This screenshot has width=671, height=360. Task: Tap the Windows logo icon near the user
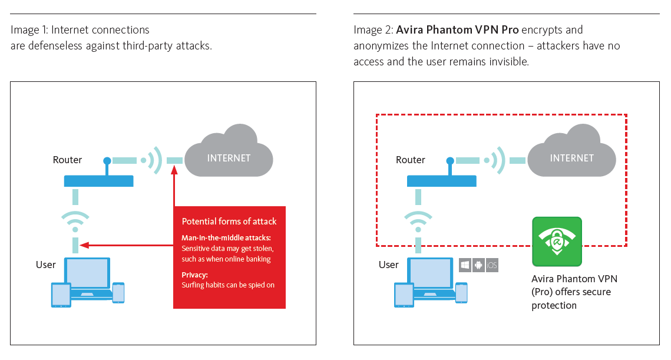(465, 265)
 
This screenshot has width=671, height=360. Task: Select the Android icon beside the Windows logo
(478, 265)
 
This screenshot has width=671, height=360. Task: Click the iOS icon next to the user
(492, 265)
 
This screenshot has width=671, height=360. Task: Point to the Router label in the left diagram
(67, 160)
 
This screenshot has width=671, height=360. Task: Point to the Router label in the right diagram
(411, 160)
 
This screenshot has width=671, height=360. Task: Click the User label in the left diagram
(46, 265)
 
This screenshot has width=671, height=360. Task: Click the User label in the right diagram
(389, 265)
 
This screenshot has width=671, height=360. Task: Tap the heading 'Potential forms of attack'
(229, 222)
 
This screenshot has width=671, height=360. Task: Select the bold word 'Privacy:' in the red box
(195, 274)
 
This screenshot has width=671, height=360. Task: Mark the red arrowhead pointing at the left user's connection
(84, 245)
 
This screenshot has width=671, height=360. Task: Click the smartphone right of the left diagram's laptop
(118, 293)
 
